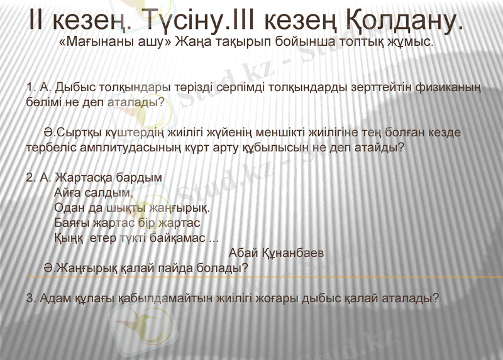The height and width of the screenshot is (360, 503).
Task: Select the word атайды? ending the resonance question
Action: click(379, 149)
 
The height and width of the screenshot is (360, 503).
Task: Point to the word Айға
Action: click(68, 192)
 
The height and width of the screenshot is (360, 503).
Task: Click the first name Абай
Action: click(245, 253)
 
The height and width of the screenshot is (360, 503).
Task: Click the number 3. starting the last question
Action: click(31, 298)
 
